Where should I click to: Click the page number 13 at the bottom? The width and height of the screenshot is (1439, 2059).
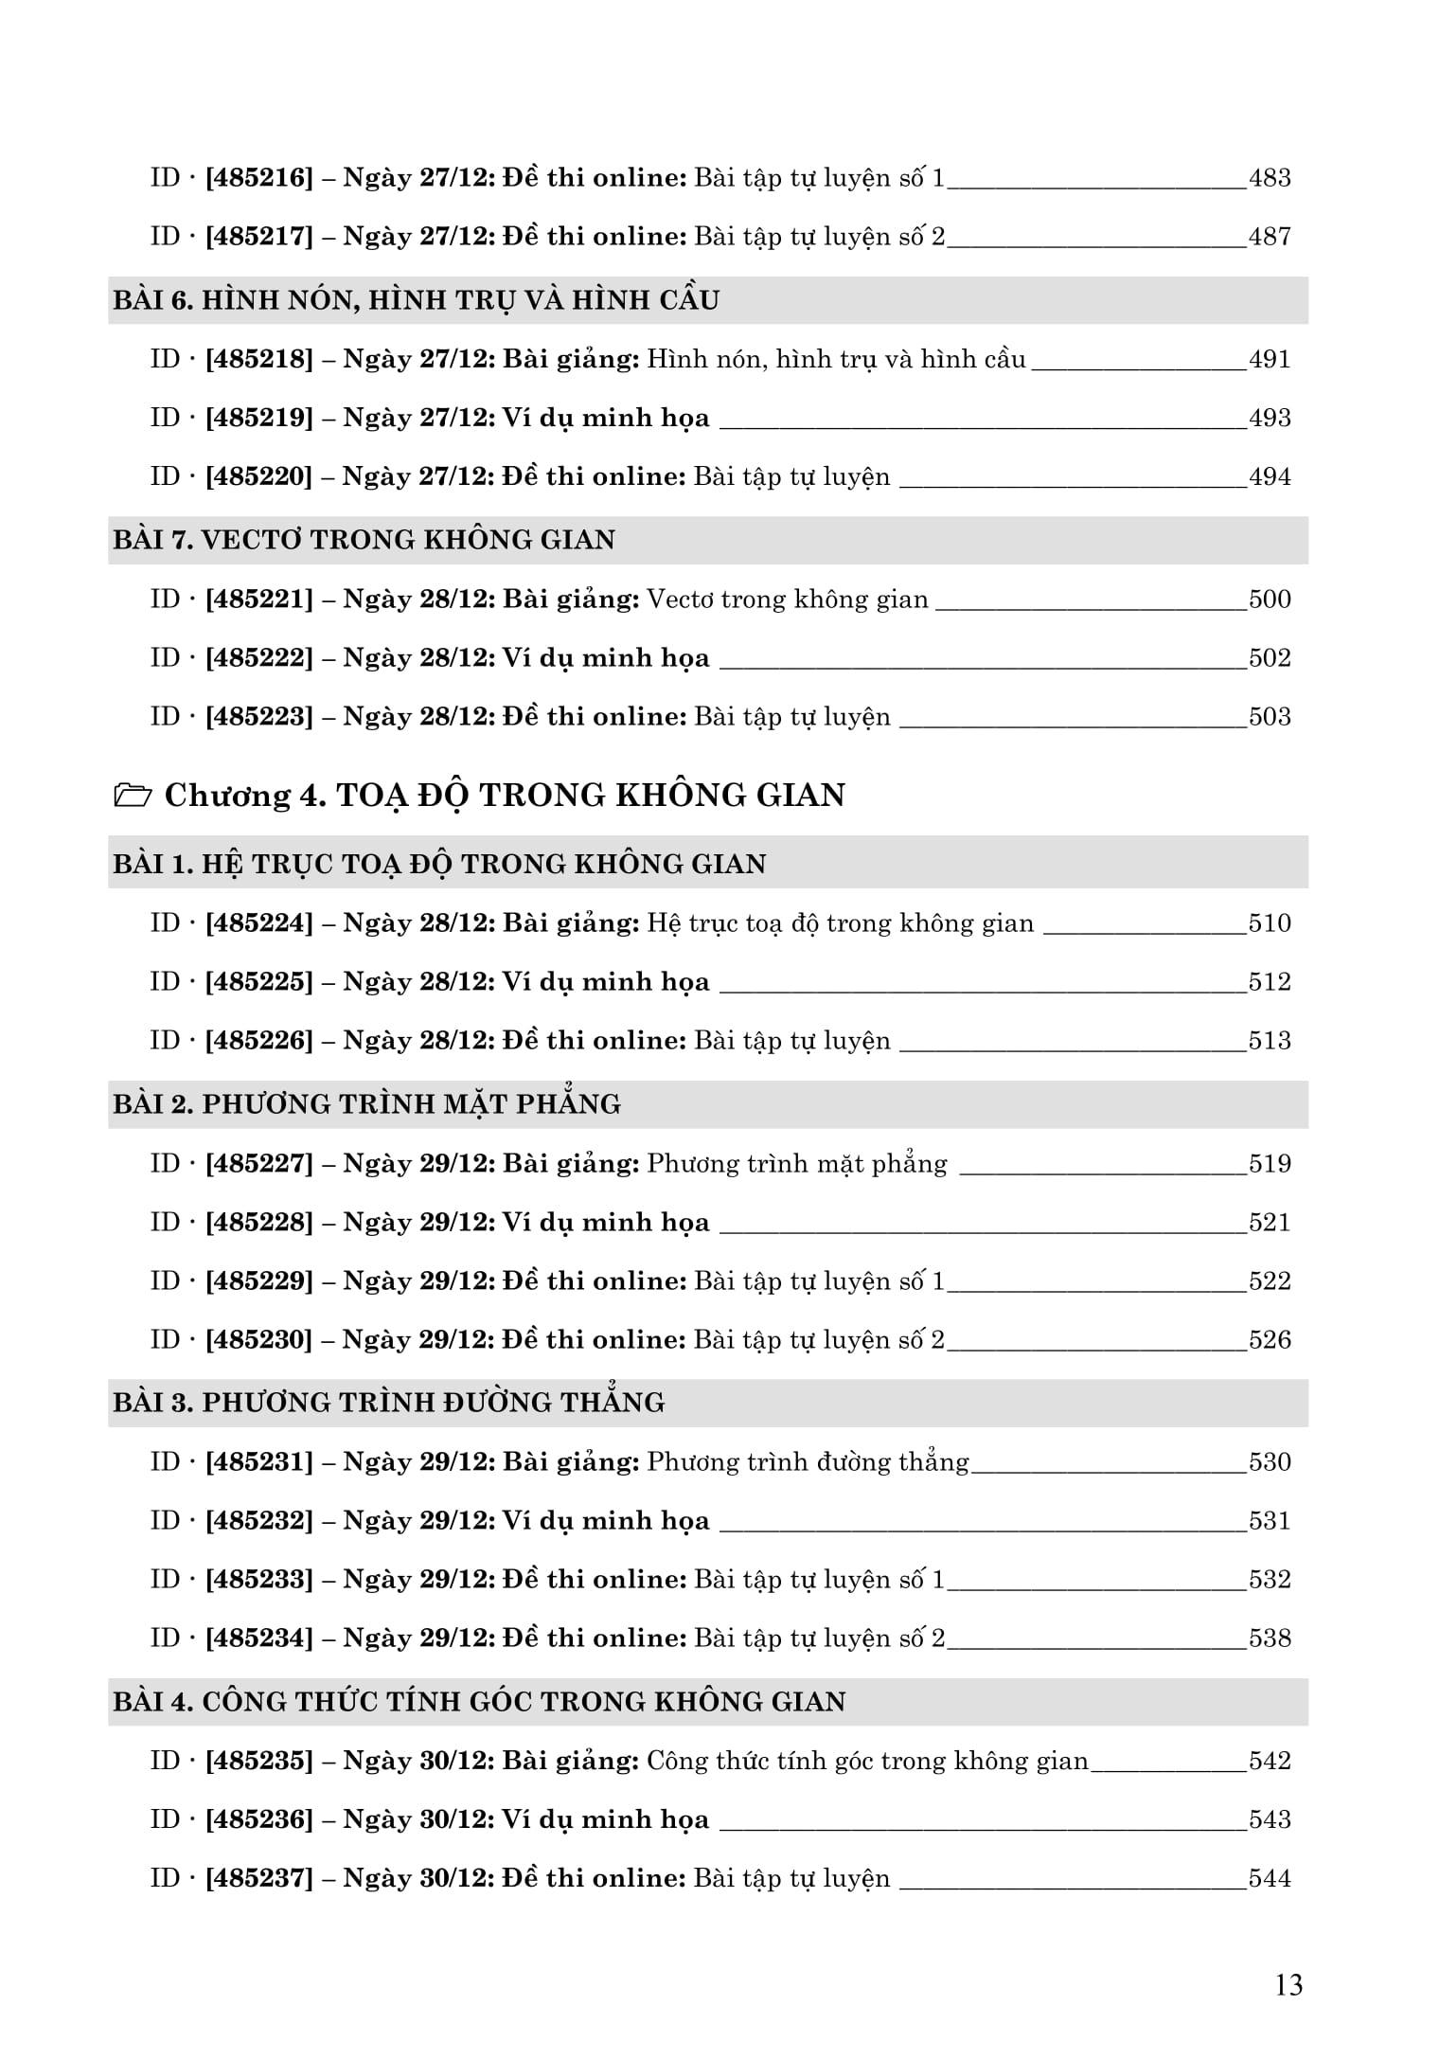[1289, 1984]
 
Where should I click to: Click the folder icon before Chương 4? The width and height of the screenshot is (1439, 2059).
[133, 796]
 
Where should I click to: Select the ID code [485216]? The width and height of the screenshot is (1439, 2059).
[258, 178]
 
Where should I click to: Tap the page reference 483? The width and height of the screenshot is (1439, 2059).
[1270, 178]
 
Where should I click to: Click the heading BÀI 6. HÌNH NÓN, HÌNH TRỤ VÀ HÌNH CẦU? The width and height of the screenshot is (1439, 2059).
[417, 300]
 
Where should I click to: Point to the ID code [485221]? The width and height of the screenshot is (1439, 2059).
[258, 600]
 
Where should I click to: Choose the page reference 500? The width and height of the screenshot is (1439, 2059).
[1270, 600]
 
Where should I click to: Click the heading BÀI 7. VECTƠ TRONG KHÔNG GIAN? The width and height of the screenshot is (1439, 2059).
[364, 540]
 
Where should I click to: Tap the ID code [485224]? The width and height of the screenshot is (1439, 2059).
[258, 923]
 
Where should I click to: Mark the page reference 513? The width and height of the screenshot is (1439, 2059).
[1270, 1041]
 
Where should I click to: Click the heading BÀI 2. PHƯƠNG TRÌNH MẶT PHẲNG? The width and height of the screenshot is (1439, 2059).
[367, 1104]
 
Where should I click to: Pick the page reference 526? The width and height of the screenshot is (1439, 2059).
[1270, 1340]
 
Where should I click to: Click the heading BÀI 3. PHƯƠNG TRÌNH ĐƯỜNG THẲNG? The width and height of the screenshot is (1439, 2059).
[389, 1403]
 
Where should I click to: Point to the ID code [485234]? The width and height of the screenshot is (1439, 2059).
[258, 1638]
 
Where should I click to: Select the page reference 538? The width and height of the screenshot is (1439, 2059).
[1270, 1638]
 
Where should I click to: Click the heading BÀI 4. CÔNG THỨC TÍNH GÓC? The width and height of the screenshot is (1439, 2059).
[479, 1702]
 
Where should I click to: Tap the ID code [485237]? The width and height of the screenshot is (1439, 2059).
[258, 1879]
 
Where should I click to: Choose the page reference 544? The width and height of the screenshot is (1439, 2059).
[1270, 1879]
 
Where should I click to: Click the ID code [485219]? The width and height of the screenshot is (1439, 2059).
[258, 419]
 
